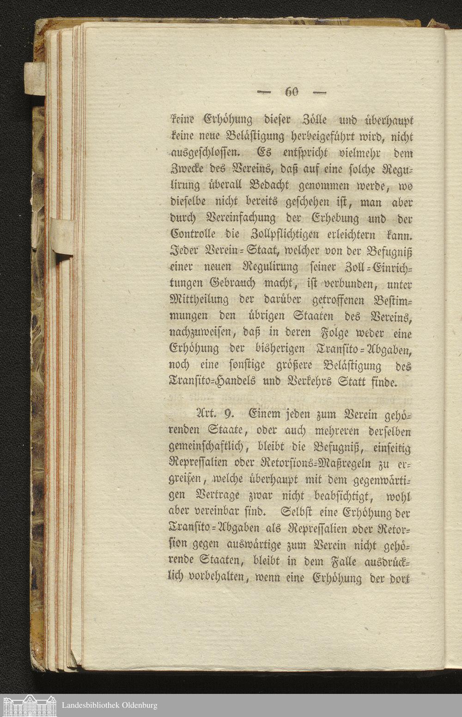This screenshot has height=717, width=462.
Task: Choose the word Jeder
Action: pyautogui.click(x=183, y=251)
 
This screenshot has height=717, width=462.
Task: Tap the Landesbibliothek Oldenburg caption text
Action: pyautogui.click(x=109, y=705)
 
